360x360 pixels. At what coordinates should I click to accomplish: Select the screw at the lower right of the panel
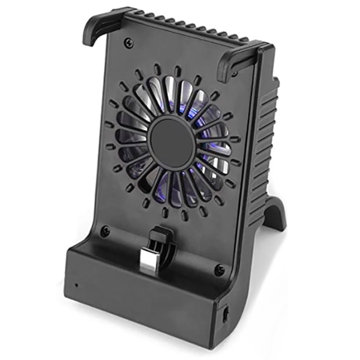coord(219,270)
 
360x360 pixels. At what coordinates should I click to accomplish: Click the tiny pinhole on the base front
coord(76,285)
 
